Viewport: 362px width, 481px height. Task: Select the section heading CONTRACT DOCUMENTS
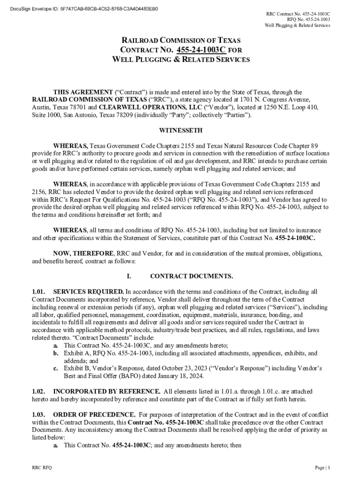[x=191, y=276]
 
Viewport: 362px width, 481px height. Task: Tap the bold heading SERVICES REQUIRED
[x=88, y=292]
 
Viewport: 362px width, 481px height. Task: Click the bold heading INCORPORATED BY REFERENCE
[x=106, y=391]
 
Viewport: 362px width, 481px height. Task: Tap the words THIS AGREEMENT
[x=82, y=92]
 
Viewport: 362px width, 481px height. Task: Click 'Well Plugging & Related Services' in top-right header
[x=297, y=25]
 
